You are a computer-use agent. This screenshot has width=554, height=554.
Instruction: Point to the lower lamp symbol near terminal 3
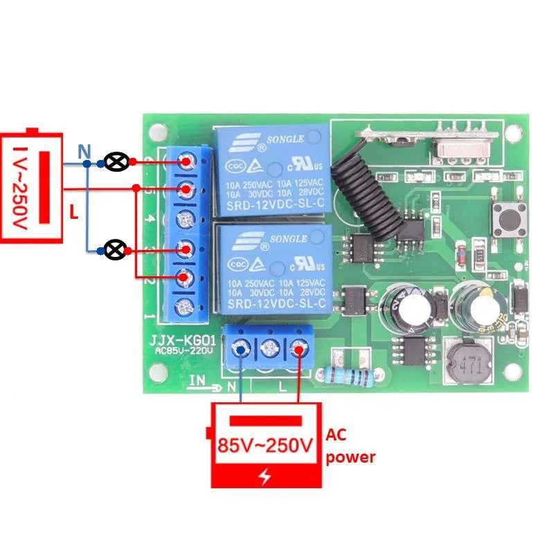click(118, 249)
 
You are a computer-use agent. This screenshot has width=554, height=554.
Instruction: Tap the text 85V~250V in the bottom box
click(265, 446)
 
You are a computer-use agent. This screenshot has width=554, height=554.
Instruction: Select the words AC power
click(350, 446)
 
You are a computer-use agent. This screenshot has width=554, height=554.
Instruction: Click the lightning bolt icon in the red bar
click(265, 477)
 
